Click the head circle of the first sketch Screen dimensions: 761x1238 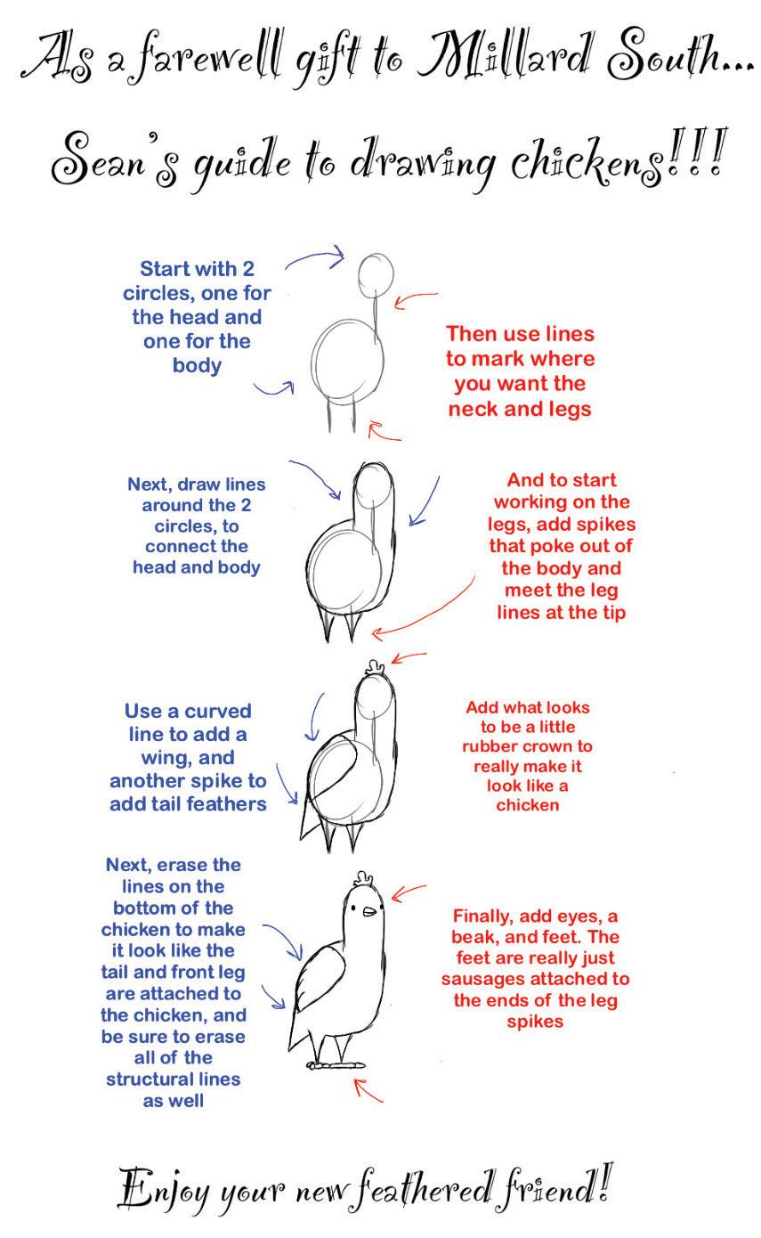(x=376, y=275)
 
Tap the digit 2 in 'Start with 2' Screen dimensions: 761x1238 (x=248, y=269)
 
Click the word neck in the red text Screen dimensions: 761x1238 (x=474, y=409)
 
